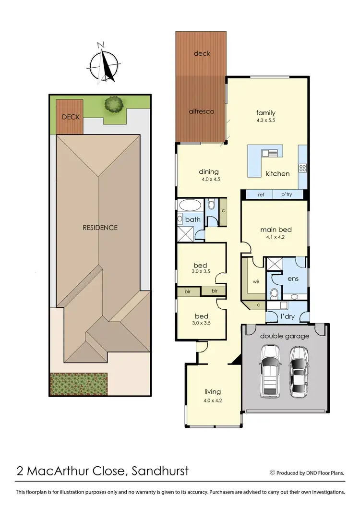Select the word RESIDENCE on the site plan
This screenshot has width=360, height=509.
click(100, 228)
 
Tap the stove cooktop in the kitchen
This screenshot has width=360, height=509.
click(303, 168)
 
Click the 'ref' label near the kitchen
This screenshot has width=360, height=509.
click(261, 194)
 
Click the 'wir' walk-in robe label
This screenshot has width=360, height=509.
click(256, 281)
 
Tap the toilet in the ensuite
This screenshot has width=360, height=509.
click(274, 293)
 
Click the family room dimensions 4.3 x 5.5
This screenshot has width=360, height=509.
click(265, 121)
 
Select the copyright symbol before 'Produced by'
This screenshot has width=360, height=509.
click(272, 473)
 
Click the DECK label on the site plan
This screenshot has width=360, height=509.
click(71, 117)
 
